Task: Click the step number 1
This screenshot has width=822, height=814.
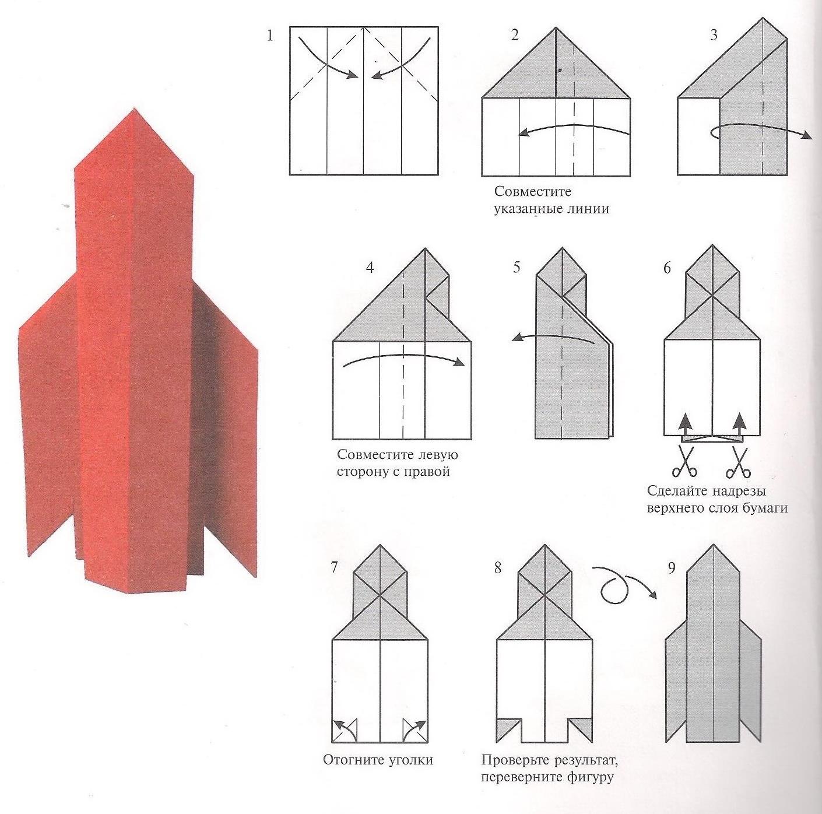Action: (x=269, y=36)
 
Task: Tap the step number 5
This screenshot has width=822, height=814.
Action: (x=517, y=268)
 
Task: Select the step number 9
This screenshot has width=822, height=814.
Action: (x=672, y=568)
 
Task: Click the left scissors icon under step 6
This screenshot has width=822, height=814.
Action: (x=684, y=461)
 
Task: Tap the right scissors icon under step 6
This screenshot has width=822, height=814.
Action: (x=739, y=461)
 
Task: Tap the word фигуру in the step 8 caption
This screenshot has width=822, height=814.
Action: (x=591, y=777)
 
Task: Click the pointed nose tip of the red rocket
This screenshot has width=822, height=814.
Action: (x=135, y=109)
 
